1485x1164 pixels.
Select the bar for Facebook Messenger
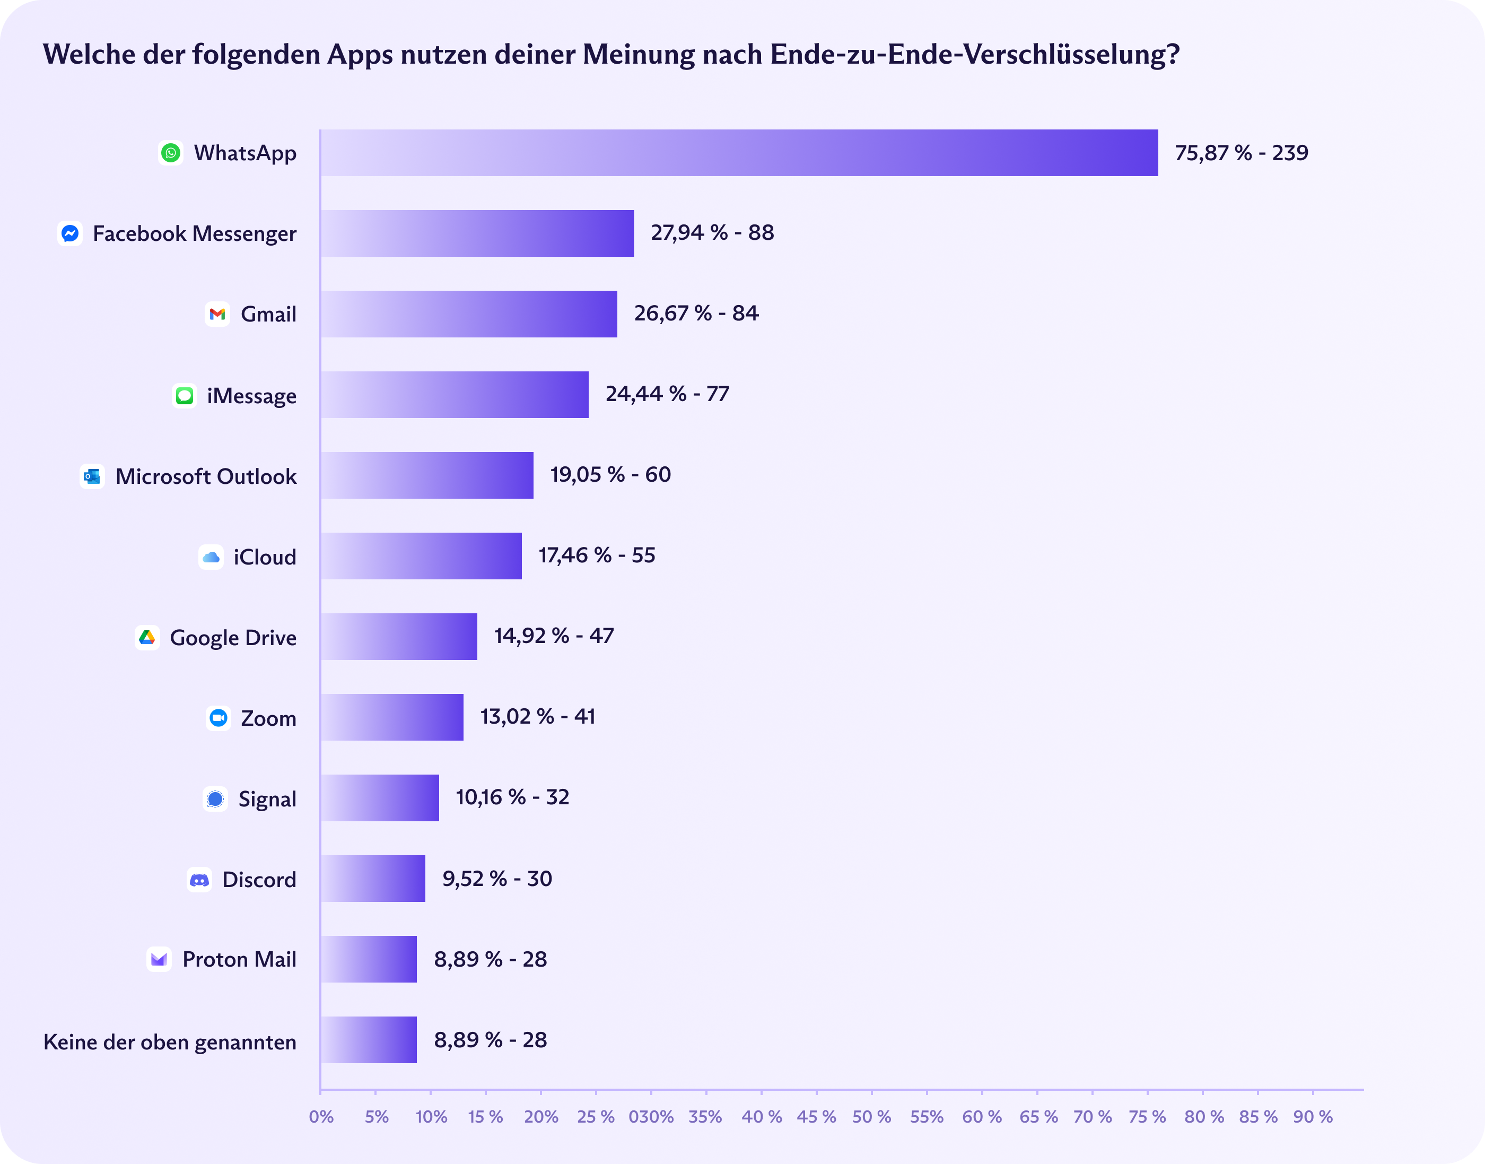pyautogui.click(x=477, y=233)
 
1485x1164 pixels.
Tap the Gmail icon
pyautogui.click(x=217, y=314)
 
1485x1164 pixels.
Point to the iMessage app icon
pyautogui.click(x=185, y=395)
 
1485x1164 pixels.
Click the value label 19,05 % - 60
pyautogui.click(x=610, y=474)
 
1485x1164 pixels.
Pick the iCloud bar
pyautogui.click(x=421, y=556)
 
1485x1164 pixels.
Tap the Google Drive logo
pyautogui.click(x=147, y=637)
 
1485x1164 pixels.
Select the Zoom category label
pyautogui.click(x=268, y=718)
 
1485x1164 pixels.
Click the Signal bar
pyautogui.click(x=379, y=798)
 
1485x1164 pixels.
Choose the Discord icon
pyautogui.click(x=199, y=880)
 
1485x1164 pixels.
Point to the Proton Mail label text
pyautogui.click(x=239, y=960)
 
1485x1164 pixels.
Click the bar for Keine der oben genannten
pyautogui.click(x=369, y=1040)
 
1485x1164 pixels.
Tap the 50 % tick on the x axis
pyautogui.click(x=871, y=1117)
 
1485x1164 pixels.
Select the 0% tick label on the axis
pyautogui.click(x=321, y=1117)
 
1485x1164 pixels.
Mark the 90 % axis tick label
pyautogui.click(x=1313, y=1117)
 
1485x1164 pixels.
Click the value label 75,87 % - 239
pyautogui.click(x=1241, y=153)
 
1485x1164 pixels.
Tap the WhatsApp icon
pyautogui.click(x=171, y=153)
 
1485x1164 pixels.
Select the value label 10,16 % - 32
pyautogui.click(x=512, y=797)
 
